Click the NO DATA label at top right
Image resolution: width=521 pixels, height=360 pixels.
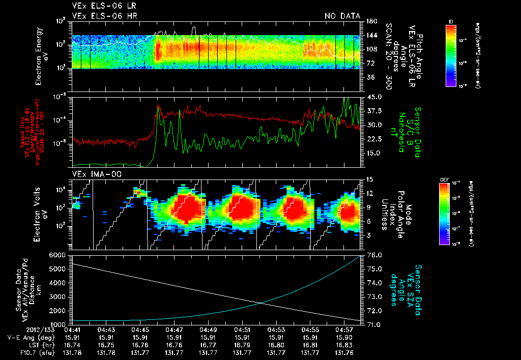click(342, 16)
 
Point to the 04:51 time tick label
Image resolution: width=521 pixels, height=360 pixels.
click(242, 329)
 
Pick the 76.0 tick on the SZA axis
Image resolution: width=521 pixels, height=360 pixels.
click(374, 255)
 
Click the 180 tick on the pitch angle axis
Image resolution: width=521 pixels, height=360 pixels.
click(371, 22)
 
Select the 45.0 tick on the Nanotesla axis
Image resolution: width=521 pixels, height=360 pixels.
click(374, 97)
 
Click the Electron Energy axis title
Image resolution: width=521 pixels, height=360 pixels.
click(40, 57)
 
